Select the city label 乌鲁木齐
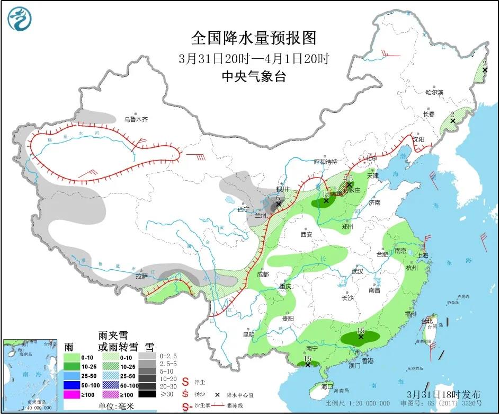coord(136,120)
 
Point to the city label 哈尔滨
coord(434,92)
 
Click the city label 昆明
coord(248,334)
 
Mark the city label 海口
coord(327,386)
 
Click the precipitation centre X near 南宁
coord(307,365)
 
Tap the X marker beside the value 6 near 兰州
coord(278,204)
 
